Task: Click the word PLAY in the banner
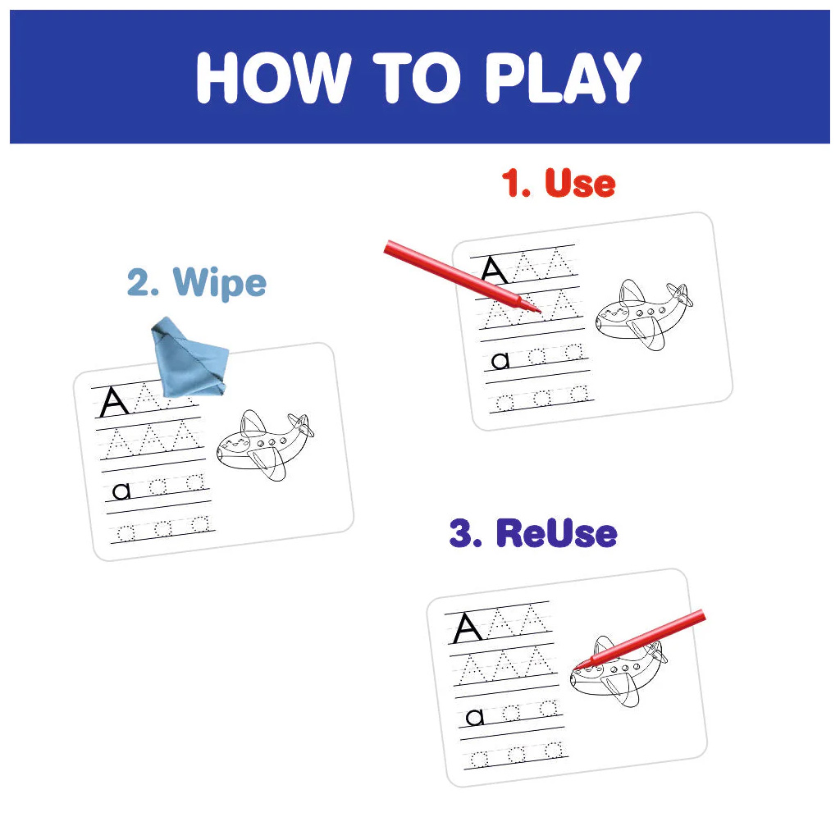point(563,78)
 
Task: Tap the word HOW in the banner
point(274,78)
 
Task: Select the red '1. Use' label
point(558,183)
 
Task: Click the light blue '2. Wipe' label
point(197,282)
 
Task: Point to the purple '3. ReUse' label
point(533,533)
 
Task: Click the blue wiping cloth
point(189,358)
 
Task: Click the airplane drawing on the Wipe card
point(265,445)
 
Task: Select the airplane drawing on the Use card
point(644,314)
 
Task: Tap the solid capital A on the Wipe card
point(114,402)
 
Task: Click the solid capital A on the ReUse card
point(467,628)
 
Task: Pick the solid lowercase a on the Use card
point(500,361)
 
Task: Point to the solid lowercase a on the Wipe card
point(121,491)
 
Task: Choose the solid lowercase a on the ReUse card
point(475,717)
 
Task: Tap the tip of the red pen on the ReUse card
point(573,669)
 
